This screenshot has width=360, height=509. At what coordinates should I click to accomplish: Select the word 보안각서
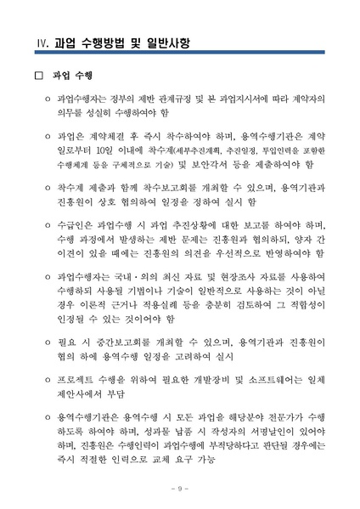[217, 163]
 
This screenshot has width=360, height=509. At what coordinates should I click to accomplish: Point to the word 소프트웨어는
[267, 380]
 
